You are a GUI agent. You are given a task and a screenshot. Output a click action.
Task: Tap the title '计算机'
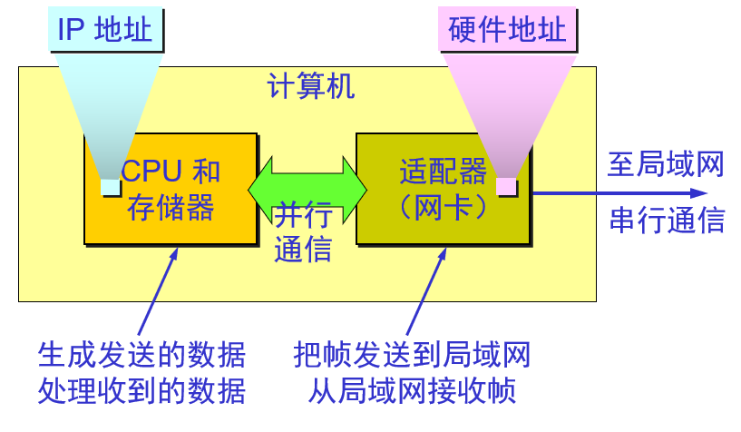pos(311,87)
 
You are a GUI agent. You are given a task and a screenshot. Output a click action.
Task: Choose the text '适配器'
pos(443,171)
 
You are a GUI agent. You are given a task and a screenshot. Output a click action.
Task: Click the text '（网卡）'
pos(443,207)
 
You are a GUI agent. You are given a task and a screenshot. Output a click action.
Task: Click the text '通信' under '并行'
pos(303,248)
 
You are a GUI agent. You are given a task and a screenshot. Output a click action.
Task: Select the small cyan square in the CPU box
pos(110,187)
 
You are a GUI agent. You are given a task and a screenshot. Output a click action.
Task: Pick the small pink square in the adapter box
pos(506,186)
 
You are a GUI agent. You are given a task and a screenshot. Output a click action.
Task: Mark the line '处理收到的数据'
pos(141,391)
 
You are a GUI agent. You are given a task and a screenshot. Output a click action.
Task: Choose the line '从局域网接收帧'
pos(412,391)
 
